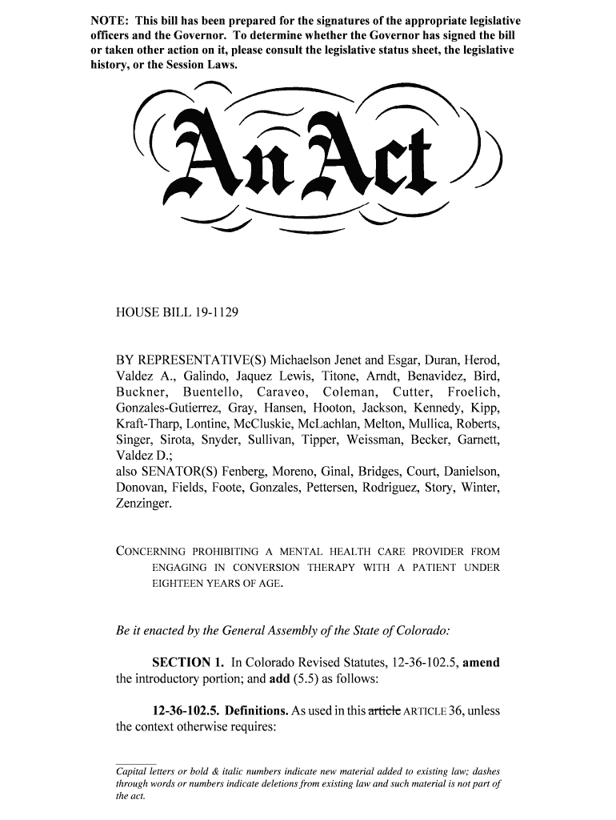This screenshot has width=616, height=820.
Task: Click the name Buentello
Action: point(212,392)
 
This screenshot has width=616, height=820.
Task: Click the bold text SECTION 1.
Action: point(188,663)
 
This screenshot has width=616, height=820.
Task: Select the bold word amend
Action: point(482,663)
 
